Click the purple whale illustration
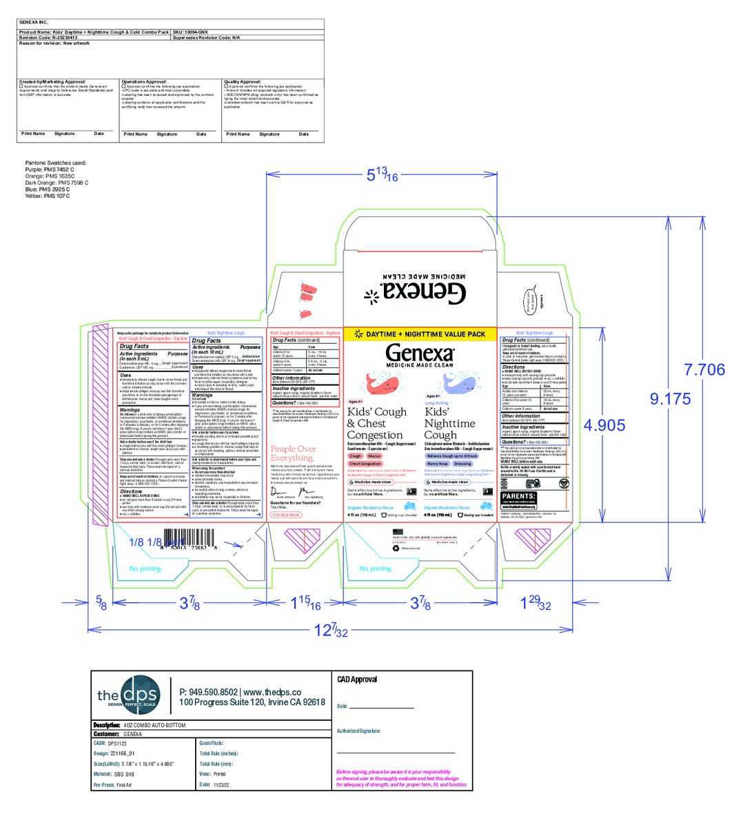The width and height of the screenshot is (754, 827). tap(459, 380)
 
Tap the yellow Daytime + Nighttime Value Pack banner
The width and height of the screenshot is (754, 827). tap(420, 334)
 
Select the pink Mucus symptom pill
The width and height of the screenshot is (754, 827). tap(374, 456)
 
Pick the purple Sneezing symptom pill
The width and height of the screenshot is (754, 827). tap(462, 464)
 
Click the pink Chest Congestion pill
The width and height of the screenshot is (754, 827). tap(365, 464)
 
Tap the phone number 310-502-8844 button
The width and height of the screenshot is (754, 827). tap(287, 515)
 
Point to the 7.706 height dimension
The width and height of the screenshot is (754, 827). tap(704, 369)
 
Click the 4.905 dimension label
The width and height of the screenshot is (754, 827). tap(604, 425)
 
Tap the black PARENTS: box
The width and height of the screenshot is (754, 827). tap(519, 496)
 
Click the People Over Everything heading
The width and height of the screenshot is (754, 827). tap(293, 453)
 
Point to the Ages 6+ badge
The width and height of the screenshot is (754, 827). tap(433, 396)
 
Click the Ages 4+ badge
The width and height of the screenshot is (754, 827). tap(356, 401)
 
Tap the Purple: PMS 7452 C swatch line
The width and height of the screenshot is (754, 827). tap(50, 170)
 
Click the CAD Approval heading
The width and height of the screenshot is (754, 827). tap(356, 680)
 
